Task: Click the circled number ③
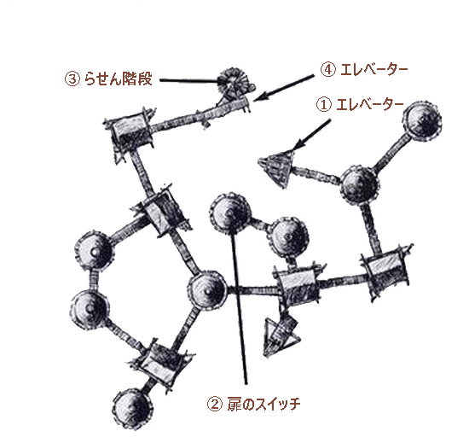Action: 72,79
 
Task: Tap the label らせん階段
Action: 118,79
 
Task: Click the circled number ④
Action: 328,70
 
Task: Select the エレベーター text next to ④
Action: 374,70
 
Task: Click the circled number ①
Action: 324,104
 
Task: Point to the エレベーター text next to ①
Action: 370,104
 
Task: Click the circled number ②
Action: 215,405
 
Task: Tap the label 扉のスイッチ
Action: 263,405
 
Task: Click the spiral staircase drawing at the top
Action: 234,82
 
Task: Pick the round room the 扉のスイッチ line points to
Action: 229,213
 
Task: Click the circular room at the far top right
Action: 422,120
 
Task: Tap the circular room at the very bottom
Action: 133,409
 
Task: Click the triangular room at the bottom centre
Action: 281,335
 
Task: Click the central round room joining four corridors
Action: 207,289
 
